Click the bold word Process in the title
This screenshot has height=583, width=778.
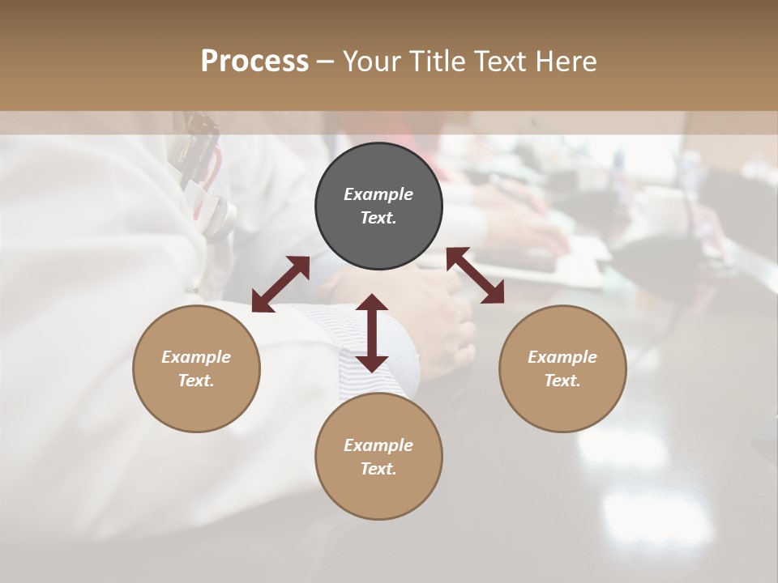pos(254,62)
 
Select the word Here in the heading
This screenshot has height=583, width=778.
pos(566,62)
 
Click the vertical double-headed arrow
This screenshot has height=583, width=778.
pos(372,333)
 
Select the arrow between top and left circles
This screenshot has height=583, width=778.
pos(280,284)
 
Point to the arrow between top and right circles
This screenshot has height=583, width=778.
pos(475,275)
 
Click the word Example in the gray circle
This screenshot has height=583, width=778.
pos(378,194)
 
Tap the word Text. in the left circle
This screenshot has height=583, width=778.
pos(196,381)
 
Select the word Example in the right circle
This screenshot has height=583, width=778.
pos(562,357)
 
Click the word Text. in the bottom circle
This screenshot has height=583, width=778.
pos(378,469)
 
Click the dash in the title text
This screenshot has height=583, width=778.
pos(325,62)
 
